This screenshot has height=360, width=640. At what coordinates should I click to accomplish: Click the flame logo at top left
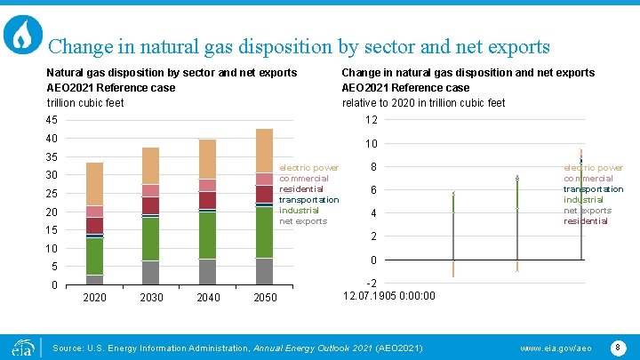pos(23,35)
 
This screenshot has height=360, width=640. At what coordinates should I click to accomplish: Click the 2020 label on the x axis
pos(94,297)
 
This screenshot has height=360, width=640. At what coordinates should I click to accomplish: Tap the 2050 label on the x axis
pos(265,297)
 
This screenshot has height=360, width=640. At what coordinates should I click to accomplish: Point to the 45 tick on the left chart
pos(52,121)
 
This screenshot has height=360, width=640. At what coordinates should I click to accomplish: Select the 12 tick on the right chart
pos(372,121)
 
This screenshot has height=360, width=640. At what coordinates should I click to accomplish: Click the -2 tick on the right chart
pos(372,283)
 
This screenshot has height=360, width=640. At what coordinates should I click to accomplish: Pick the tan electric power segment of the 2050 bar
pos(265,150)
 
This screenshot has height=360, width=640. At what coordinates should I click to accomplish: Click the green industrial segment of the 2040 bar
pos(207,236)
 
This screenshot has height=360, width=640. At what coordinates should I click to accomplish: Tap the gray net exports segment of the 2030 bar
pos(151,272)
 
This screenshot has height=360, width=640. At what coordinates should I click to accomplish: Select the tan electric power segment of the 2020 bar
pos(94,184)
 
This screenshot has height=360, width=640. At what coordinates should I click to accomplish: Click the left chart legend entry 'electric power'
pos(308,167)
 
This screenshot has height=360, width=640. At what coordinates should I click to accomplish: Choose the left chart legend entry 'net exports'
pos(303,220)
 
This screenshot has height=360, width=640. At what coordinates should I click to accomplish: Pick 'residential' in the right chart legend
pos(586,220)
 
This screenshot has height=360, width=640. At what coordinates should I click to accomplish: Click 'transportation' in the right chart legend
pos(593,188)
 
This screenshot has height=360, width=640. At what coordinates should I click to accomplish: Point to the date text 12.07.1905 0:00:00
pos(389,296)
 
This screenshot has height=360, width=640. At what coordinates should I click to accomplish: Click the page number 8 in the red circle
pos(618,347)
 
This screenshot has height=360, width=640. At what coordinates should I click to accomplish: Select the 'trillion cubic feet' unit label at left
pos(85,102)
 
